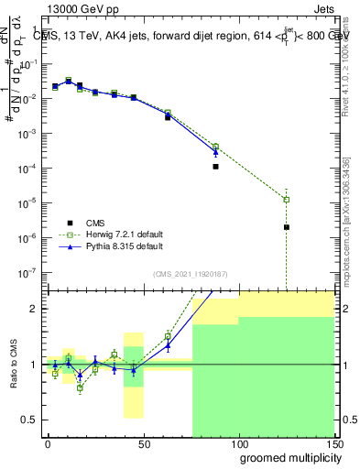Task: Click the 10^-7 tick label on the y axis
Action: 27,272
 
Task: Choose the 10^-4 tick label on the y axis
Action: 27,169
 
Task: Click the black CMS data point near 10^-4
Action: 215,167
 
